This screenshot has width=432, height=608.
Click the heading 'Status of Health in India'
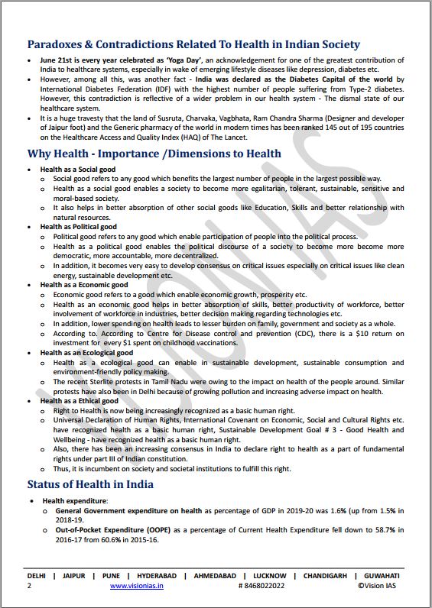pyautogui.click(x=90, y=484)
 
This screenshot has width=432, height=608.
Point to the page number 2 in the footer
pyautogui.click(x=29, y=586)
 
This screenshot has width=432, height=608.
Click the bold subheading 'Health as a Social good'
pyautogui.click(x=79, y=169)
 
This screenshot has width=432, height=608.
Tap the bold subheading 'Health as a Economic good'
pyautogui.click(x=84, y=285)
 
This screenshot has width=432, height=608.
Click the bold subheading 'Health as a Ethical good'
pyautogui.click(x=80, y=400)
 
